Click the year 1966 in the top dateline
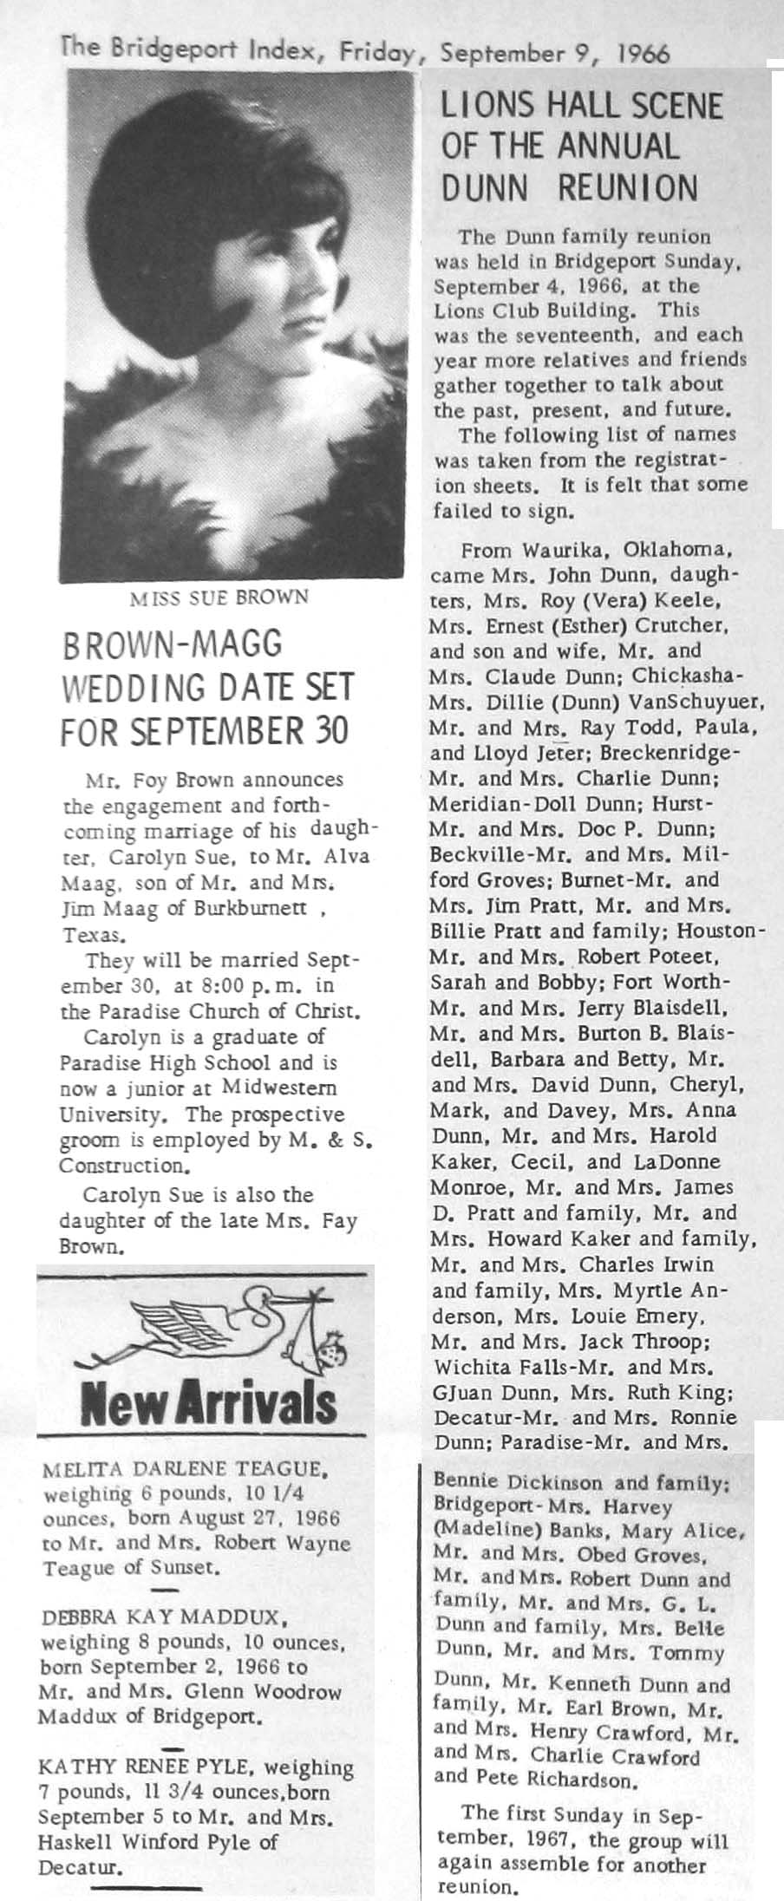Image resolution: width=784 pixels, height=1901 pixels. (x=644, y=54)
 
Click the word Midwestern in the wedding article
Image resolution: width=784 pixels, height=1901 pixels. (x=279, y=1088)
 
